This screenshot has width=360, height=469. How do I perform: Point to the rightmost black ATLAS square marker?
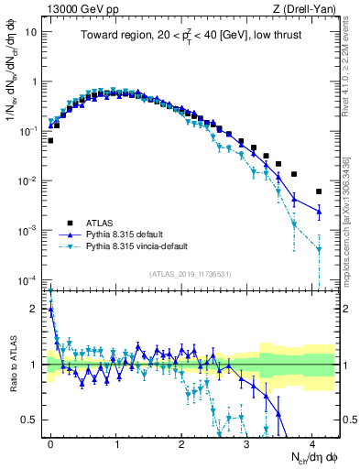point(318,191)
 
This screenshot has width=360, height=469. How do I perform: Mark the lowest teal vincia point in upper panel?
point(318,248)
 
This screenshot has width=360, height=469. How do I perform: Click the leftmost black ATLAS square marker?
point(50,140)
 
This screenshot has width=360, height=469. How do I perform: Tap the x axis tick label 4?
point(311,442)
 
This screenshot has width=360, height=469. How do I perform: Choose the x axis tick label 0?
point(50,442)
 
